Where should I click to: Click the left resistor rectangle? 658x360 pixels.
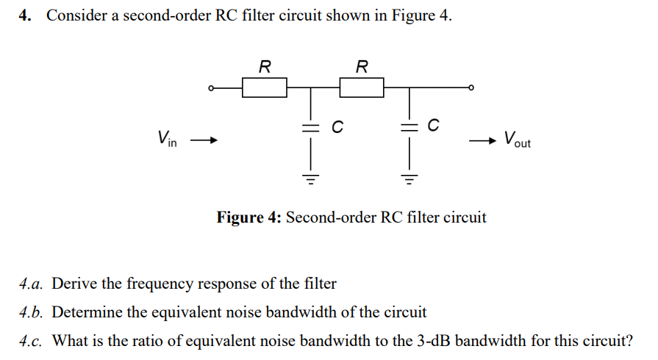tap(265, 88)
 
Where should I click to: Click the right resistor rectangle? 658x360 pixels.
tap(361, 88)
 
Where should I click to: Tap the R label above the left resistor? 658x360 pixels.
tap(265, 67)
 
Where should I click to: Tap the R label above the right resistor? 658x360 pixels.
tap(361, 67)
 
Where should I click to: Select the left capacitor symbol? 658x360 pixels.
tap(310, 128)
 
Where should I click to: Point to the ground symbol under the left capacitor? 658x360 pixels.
tap(310, 178)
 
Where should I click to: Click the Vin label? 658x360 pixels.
tap(166, 138)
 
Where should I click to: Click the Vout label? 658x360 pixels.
tap(517, 140)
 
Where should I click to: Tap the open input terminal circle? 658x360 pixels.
tap(210, 88)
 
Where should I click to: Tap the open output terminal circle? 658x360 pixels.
tap(471, 88)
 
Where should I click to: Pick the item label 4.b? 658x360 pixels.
tap(33, 312)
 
